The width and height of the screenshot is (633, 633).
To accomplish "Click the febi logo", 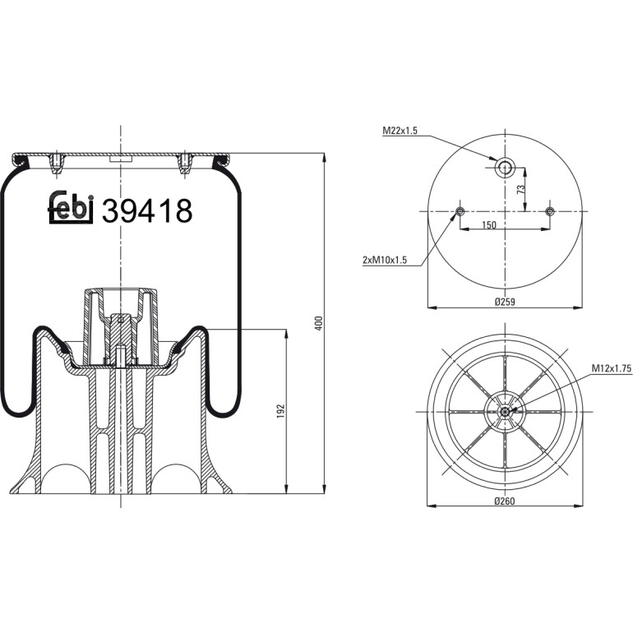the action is click(71, 207).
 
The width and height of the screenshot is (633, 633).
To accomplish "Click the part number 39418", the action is click(147, 210).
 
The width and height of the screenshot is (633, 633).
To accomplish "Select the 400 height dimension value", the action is click(319, 323).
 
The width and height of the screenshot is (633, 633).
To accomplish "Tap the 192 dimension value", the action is click(281, 411).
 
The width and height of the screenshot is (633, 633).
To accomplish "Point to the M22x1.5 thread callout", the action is click(400, 131).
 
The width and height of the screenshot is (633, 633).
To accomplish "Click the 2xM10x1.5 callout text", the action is click(385, 260).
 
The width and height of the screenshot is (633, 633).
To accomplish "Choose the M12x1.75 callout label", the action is click(612, 368).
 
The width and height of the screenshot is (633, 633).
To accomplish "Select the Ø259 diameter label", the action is click(505, 301).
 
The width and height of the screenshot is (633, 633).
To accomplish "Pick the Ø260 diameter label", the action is click(505, 501).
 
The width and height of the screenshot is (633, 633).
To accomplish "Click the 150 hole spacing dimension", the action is click(489, 225).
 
